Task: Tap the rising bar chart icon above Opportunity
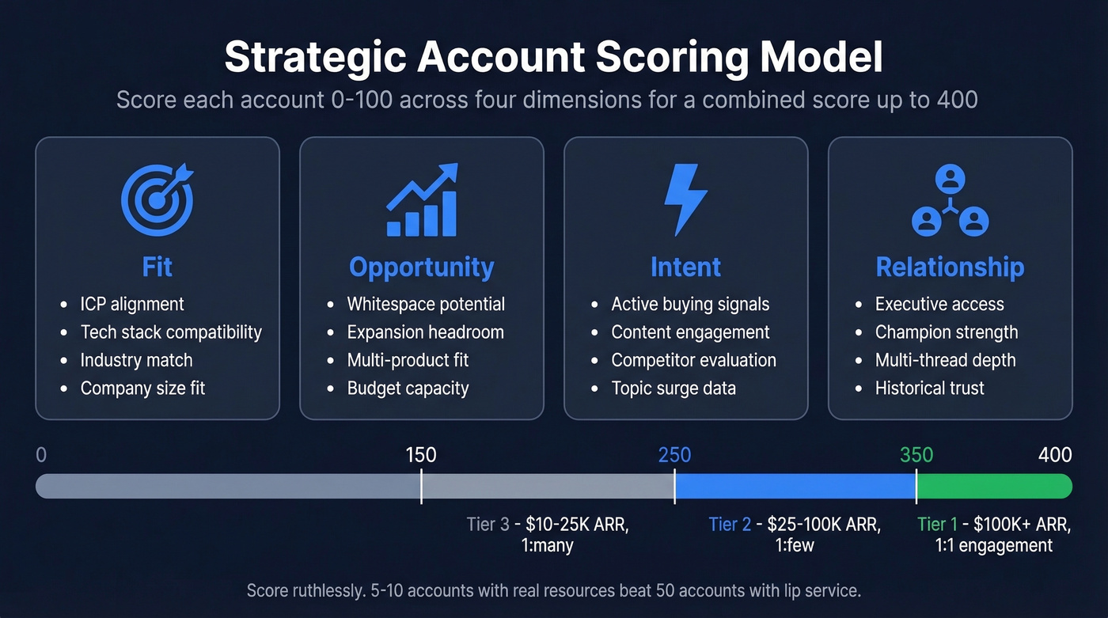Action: click(x=422, y=200)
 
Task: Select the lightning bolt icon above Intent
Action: click(x=685, y=200)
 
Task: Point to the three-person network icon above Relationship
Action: click(x=950, y=201)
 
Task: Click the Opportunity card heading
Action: click(x=422, y=267)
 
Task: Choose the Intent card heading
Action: click(x=685, y=267)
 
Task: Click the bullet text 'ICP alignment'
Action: click(x=132, y=305)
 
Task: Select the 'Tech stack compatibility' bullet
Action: click(x=171, y=332)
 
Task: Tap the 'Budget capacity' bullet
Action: click(x=408, y=389)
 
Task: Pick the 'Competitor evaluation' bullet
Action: click(x=693, y=361)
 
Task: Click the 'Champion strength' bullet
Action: click(x=947, y=332)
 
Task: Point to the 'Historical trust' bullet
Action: click(x=930, y=389)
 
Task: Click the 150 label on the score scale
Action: click(x=421, y=455)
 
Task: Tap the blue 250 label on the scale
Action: click(x=674, y=455)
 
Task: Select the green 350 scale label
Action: click(x=916, y=455)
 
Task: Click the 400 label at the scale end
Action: click(x=1055, y=455)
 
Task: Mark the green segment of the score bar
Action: click(x=993, y=486)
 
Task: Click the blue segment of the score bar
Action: click(x=795, y=486)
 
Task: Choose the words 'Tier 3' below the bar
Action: click(x=488, y=525)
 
